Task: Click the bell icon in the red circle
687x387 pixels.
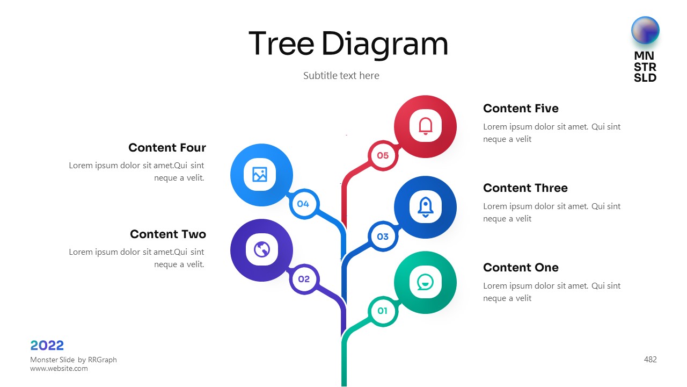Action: pos(425,126)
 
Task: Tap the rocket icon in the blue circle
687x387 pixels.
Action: pos(425,207)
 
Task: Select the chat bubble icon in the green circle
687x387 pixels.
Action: pos(425,282)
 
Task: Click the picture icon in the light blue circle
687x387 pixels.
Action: pos(260,175)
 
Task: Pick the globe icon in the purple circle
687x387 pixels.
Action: pos(261,249)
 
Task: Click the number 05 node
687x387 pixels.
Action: pos(383,156)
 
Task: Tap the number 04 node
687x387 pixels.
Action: pos(303,204)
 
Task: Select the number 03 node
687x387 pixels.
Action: pos(383,236)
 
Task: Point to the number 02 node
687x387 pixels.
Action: pos(304,279)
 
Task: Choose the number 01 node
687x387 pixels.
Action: pos(383,311)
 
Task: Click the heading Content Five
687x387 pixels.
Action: pos(521,109)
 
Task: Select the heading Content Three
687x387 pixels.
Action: pos(525,188)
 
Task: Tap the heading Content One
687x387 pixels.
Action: pos(521,268)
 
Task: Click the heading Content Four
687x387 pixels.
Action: pos(167,148)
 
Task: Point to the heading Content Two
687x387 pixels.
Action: pos(167,234)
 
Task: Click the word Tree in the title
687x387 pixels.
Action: pos(281,44)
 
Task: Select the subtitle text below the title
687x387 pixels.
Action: pos(341,76)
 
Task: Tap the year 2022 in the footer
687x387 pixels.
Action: pos(47,346)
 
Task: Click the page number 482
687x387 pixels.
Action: pos(650,360)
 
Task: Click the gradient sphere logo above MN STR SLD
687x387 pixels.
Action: pos(645,30)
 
